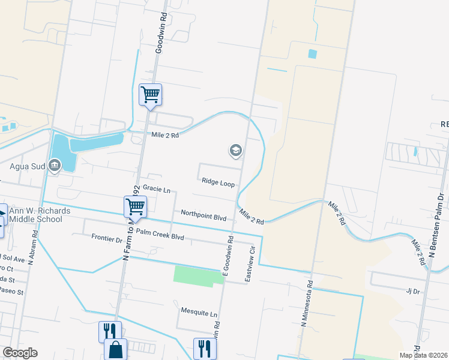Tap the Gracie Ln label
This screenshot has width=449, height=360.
(156, 190)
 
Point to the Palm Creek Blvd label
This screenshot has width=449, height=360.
(160, 236)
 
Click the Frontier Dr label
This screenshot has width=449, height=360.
(107, 238)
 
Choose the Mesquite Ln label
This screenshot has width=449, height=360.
(199, 313)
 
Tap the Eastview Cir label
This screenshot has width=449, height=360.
(253, 256)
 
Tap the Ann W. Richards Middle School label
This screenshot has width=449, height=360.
(40, 215)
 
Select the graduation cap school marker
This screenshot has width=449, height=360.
(235, 151)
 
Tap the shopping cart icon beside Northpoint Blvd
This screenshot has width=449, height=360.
(136, 207)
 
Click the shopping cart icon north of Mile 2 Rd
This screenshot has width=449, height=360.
(150, 94)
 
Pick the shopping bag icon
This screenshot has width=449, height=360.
(115, 349)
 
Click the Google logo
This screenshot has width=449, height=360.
(20, 353)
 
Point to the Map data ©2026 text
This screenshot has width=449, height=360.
(423, 355)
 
